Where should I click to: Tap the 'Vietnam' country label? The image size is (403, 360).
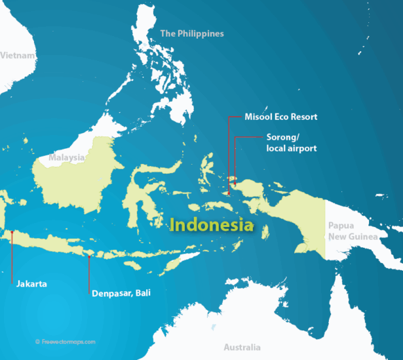pyautogui.click(x=17, y=56)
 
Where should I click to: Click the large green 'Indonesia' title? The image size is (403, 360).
pyautogui.click(x=212, y=225)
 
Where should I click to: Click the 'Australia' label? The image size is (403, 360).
pyautogui.click(x=242, y=347)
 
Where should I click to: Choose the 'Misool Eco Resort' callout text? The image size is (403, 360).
pyautogui.click(x=280, y=117)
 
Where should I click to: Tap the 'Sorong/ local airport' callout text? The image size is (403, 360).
pyautogui.click(x=291, y=143)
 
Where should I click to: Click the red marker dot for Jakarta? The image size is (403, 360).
pyautogui.click(x=12, y=231)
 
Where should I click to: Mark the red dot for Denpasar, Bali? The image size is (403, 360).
pyautogui.click(x=90, y=256)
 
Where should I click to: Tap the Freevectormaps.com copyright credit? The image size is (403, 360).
pyautogui.click(x=66, y=341)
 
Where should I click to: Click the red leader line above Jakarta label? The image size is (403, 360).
pyautogui.click(x=12, y=259)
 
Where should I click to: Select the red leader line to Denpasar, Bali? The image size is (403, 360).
pyautogui.click(x=90, y=275)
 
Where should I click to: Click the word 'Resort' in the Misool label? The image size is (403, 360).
pyautogui.click(x=303, y=117)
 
